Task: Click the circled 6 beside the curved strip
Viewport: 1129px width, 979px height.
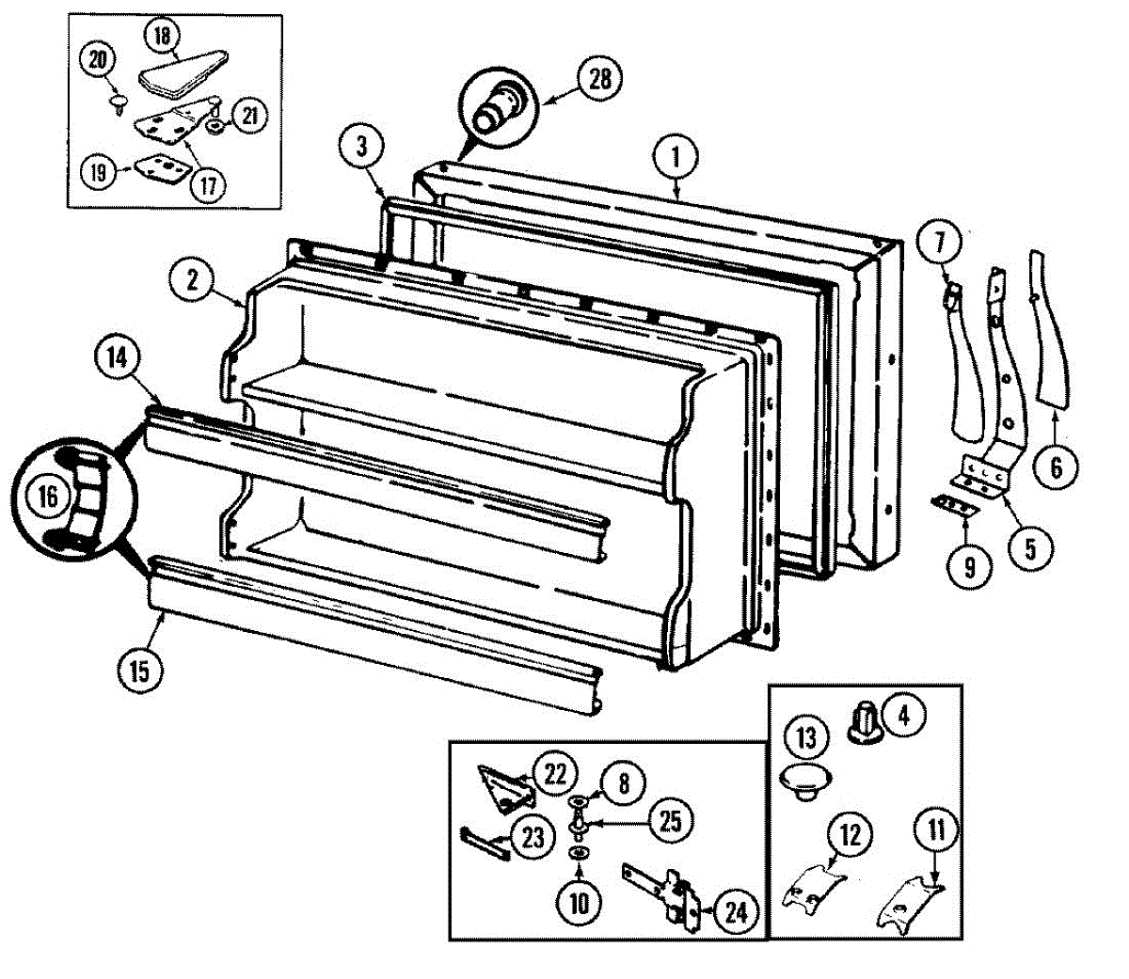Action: tap(1056, 466)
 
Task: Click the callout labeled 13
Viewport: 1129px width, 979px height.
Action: tap(807, 735)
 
